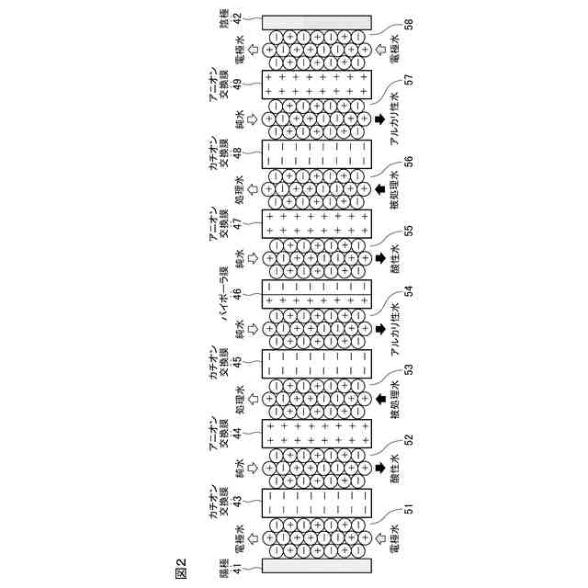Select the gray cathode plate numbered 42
[x=317, y=21]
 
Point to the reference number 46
[x=236, y=293]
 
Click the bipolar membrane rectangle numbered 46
[x=317, y=294]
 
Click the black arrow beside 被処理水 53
[x=379, y=399]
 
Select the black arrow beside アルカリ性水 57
[x=379, y=119]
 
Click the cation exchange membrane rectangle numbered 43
[x=317, y=503]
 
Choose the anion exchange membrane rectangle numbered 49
[x=317, y=85]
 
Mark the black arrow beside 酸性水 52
[x=379, y=468]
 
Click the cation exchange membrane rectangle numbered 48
[x=317, y=154]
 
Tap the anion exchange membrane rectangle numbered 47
[x=317, y=224]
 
